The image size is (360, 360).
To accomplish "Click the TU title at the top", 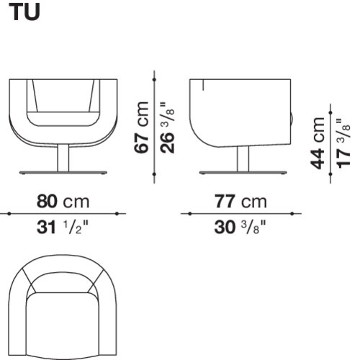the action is [x=24, y=12].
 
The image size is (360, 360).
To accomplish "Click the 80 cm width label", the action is [x=63, y=202].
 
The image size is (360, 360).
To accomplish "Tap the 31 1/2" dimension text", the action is [x=63, y=227].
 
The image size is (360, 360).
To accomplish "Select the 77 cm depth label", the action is [x=240, y=202].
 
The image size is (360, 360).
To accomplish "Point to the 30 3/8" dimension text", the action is [x=240, y=227].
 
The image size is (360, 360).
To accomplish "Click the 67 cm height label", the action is [x=141, y=127].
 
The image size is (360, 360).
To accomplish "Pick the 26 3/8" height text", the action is [x=167, y=128].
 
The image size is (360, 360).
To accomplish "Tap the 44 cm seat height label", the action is [x=318, y=143].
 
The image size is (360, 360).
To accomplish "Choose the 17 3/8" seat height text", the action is [x=343, y=143].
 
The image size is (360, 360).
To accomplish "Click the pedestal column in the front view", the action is [x=63, y=158].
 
